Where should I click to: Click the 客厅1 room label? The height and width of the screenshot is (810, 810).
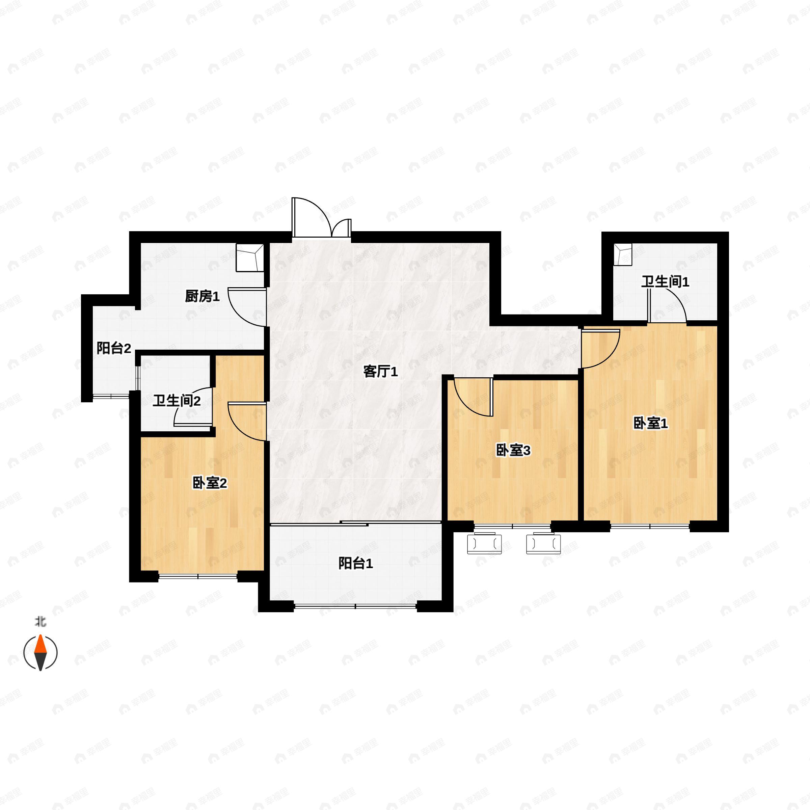[x=380, y=372]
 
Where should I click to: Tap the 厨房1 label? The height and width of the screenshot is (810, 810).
[x=202, y=296]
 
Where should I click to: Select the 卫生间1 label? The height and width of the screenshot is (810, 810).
[x=665, y=281]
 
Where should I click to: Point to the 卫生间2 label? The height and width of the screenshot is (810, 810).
[x=177, y=401]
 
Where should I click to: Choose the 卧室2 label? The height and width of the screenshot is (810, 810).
[x=210, y=483]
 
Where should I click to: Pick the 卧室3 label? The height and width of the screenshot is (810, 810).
[x=513, y=450]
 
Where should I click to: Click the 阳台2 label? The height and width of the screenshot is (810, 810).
[x=114, y=348]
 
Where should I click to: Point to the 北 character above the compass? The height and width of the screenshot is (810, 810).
[x=40, y=621]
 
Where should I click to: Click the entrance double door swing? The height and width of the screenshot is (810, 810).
[x=321, y=218]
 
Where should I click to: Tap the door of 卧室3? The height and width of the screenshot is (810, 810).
[x=473, y=397]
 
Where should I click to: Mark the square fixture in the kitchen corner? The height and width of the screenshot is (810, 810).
[x=250, y=258]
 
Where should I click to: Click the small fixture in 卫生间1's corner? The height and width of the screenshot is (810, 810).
[x=623, y=255]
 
